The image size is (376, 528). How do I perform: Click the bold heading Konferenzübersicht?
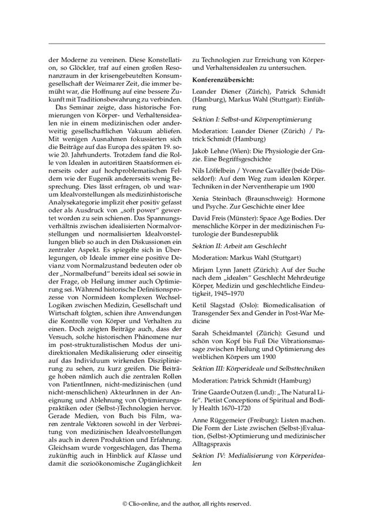click(223, 79)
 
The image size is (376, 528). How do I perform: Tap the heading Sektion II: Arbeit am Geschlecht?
click(239, 245)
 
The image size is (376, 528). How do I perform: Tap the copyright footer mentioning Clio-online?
click(187, 503)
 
